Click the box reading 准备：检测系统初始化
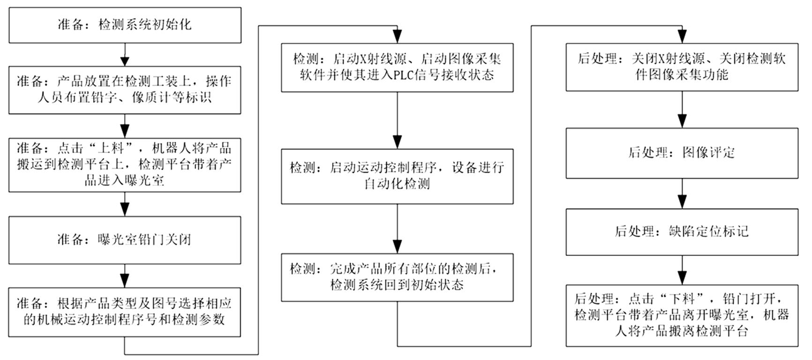[125, 25]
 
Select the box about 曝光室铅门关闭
[125, 240]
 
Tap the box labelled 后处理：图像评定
[682, 153]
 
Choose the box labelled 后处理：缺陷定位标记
[682, 232]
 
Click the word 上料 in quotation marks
[110, 149]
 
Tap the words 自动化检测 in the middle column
[397, 184]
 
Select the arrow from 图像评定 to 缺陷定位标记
[682, 194]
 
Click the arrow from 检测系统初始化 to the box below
[125, 55]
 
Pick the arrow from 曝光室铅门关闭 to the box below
[125, 276]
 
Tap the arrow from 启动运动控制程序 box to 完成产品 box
[397, 229]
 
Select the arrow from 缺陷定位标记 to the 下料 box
[682, 270]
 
